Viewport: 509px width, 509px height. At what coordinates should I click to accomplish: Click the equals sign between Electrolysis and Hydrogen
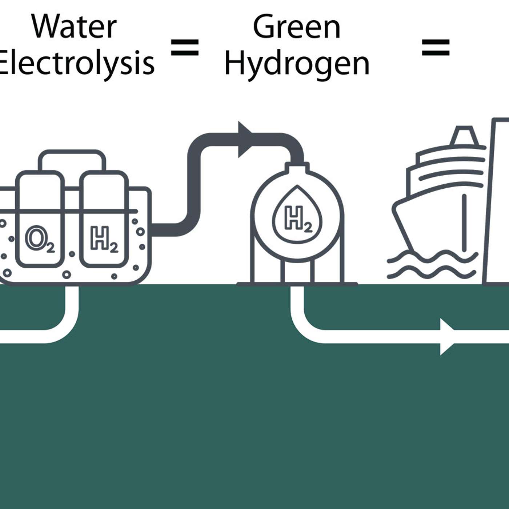[185, 48]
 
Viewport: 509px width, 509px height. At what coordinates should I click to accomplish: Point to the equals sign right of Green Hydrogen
[436, 48]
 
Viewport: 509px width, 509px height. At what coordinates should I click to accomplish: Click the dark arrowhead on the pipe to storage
[245, 140]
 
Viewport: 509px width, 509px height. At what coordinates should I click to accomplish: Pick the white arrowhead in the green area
[447, 337]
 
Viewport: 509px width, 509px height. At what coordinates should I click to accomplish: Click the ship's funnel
[464, 136]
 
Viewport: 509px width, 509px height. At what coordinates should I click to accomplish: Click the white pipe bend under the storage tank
[305, 325]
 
